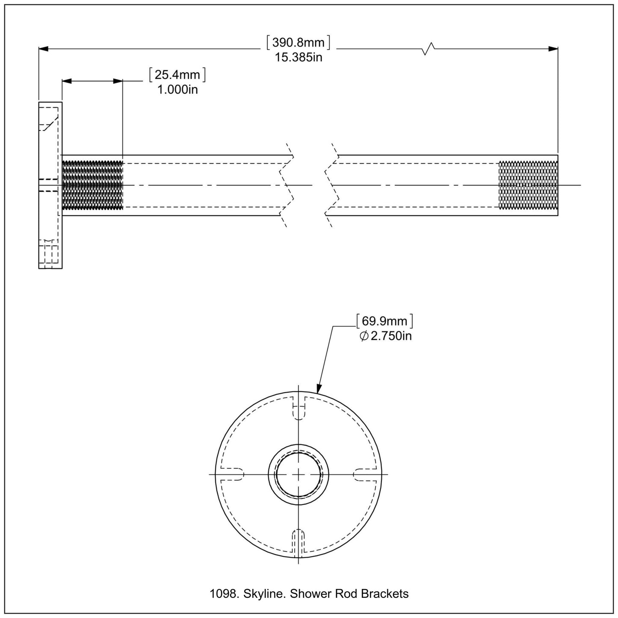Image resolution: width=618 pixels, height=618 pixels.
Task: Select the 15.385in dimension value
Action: tap(298, 57)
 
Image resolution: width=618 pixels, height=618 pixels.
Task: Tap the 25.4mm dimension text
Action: tap(177, 75)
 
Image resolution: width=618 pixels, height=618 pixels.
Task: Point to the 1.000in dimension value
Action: tap(177, 90)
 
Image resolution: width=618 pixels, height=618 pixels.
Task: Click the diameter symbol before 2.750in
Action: tap(364, 337)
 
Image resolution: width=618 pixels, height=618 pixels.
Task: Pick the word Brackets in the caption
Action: tap(385, 594)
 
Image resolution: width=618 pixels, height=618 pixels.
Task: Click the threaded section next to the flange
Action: tap(92, 185)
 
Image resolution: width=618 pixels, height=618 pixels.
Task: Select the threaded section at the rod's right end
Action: tap(528, 185)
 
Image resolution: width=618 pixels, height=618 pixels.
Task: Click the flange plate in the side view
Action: tap(50, 185)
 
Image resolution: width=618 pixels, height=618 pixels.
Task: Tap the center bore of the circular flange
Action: tap(298, 474)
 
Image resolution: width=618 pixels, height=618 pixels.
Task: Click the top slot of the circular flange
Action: tap(298, 408)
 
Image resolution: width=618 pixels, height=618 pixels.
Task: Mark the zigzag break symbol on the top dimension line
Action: tap(429, 49)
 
